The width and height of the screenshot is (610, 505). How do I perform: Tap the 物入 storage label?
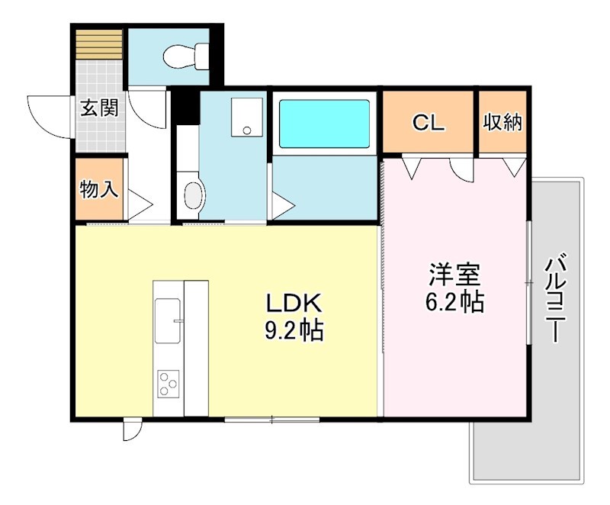coord(100,188)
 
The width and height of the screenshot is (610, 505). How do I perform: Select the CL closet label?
coord(428,122)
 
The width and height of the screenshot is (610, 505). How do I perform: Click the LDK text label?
coord(295,304)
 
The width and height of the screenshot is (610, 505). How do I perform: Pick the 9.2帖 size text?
coord(295,331)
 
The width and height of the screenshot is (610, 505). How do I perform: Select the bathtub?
coord(325,124)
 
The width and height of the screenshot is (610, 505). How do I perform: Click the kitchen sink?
coord(168,320)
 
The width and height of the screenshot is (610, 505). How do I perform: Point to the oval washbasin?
coord(192,195)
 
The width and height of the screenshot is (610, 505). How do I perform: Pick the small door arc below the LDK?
coord(131,431)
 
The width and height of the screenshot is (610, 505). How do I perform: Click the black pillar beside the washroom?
coord(183,108)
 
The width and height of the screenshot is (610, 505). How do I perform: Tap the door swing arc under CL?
coord(462,170)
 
